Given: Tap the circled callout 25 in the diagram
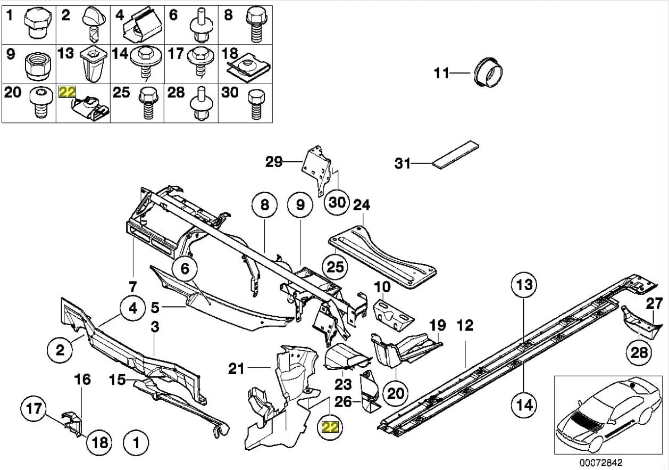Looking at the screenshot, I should coord(336,267).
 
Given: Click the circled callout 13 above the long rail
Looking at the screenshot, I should coord(524,285).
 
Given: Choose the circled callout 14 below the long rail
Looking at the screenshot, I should coord(524,405).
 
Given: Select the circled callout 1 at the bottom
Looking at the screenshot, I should coord(136,442).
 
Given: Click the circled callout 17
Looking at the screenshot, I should coord(34,409).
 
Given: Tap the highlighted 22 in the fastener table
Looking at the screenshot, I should coord(68,93).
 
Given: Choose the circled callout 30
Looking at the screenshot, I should coord(338,202).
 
